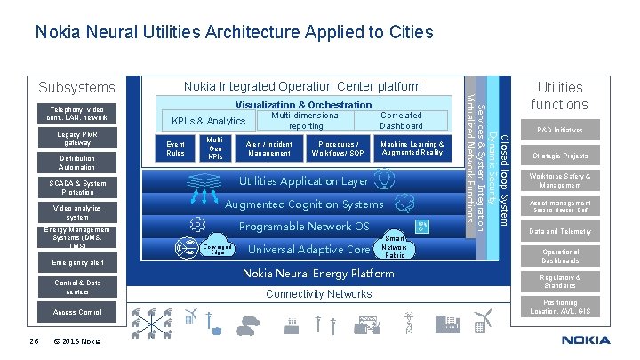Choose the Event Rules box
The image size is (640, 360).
tap(176, 148)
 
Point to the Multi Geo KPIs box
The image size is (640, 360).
tap(214, 148)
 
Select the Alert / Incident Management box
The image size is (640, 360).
tap(269, 148)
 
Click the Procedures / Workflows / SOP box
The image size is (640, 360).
tap(337, 148)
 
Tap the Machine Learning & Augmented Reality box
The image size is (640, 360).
tap(412, 148)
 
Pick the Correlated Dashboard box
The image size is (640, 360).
tap(400, 120)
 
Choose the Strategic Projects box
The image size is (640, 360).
tap(560, 156)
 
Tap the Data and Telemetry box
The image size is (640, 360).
tap(560, 231)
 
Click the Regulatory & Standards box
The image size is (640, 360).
tap(560, 282)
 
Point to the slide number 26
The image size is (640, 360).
tap(33, 341)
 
